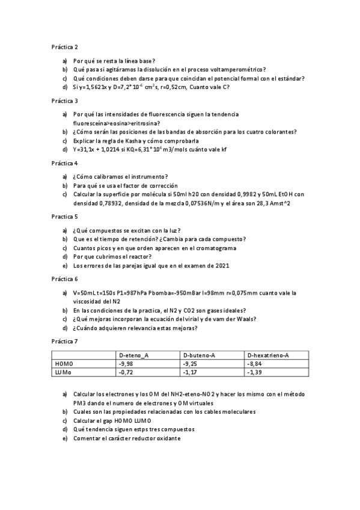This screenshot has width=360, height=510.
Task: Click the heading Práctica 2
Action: [64, 46]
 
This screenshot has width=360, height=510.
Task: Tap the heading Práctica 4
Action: [64, 163]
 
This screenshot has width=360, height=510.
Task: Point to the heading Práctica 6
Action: [64, 279]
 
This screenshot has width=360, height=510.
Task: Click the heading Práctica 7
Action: [64, 341]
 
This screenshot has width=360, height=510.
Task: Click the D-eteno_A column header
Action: [134, 355]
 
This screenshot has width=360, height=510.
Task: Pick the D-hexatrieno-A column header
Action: [268, 355]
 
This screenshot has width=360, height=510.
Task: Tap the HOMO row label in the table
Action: [63, 364]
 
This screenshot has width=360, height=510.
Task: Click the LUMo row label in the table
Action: [63, 373]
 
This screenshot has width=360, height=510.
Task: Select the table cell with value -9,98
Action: [126, 364]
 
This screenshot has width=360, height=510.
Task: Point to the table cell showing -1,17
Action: [189, 373]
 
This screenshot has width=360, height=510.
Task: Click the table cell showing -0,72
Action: [126, 373]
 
